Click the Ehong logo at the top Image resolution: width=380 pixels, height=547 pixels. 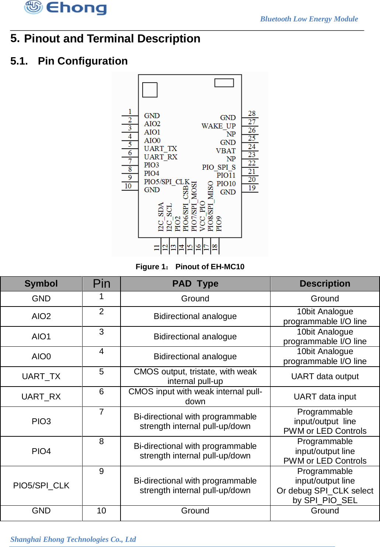pyautogui.click(x=66, y=7)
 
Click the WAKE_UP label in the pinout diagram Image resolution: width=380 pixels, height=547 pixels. pyautogui.click(x=218, y=126)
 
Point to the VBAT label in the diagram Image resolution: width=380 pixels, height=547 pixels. pyautogui.click(x=226, y=151)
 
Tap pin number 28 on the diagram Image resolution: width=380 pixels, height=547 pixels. pyautogui.click(x=252, y=114)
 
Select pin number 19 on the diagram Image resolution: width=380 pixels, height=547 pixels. pyautogui.click(x=252, y=188)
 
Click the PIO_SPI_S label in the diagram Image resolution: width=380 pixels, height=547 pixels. pyautogui.click(x=219, y=167)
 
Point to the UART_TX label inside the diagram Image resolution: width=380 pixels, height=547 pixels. pyautogui.click(x=160, y=149)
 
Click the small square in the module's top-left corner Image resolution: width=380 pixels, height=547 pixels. pyautogui.click(x=150, y=90)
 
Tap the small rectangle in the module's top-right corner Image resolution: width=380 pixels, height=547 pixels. pyautogui.click(x=224, y=83)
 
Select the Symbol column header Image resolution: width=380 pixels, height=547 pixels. pyautogui.click(x=41, y=284)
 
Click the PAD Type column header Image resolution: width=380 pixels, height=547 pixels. pyautogui.click(x=195, y=284)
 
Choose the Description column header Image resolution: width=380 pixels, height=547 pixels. pyautogui.click(x=325, y=284)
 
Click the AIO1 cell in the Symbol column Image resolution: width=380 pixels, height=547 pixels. pyautogui.click(x=41, y=336)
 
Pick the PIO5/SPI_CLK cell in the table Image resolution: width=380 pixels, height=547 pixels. pyautogui.click(x=41, y=485)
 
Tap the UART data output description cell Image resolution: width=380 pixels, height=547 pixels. pyautogui.click(x=325, y=376)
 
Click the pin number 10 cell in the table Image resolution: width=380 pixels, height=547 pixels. pyautogui.click(x=101, y=510)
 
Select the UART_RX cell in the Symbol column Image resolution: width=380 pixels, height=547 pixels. pyautogui.click(x=41, y=397)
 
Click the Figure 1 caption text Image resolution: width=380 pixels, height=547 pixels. pyautogui.click(x=190, y=267)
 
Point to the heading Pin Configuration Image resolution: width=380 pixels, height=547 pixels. pyautogui.click(x=83, y=61)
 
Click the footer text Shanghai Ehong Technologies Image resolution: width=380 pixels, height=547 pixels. pyautogui.click(x=73, y=539)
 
